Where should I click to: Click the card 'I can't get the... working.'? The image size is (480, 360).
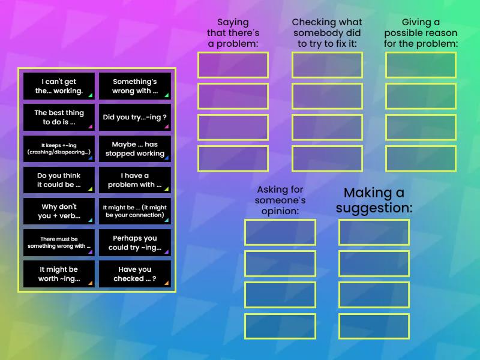(x=59, y=86)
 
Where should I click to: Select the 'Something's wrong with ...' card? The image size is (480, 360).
(x=135, y=86)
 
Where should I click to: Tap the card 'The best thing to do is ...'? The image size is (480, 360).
(x=59, y=117)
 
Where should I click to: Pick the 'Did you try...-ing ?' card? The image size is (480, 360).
(x=135, y=117)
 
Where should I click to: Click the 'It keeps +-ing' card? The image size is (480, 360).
(x=59, y=148)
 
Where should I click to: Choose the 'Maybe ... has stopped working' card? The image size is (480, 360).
(x=135, y=148)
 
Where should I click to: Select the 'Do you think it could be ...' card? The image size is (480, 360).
(x=59, y=180)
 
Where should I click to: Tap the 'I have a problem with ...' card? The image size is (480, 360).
(x=135, y=180)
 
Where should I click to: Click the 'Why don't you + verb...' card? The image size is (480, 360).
(x=59, y=211)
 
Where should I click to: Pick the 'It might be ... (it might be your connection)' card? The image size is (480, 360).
(x=135, y=211)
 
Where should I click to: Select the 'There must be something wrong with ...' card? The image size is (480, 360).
(x=59, y=242)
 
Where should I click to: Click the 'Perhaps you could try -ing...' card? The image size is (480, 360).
(x=135, y=242)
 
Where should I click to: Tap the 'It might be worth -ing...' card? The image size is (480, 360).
(x=59, y=274)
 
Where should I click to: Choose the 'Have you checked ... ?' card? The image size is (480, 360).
(x=135, y=274)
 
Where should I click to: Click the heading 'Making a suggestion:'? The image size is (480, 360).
(x=374, y=200)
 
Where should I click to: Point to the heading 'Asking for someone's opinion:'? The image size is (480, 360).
(x=280, y=200)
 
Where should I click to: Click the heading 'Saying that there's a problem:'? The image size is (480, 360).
(x=233, y=33)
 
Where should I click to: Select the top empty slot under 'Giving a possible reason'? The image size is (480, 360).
(x=421, y=65)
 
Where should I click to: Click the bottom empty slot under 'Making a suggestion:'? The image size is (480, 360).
(x=374, y=326)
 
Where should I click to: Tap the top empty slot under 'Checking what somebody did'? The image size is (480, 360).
(x=327, y=65)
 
